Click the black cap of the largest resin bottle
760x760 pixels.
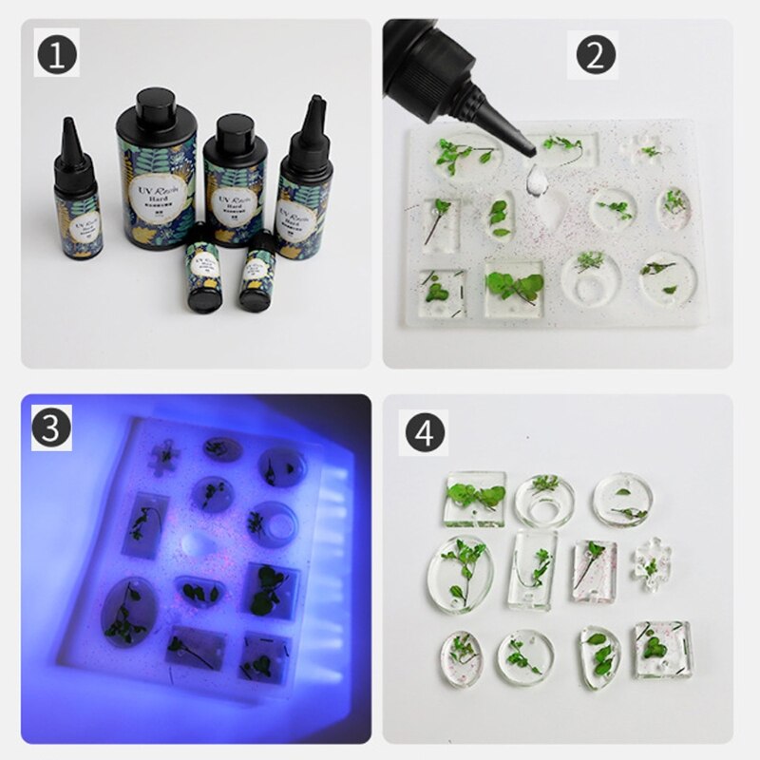(x=156, y=111)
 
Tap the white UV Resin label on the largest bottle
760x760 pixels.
(x=158, y=196)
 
